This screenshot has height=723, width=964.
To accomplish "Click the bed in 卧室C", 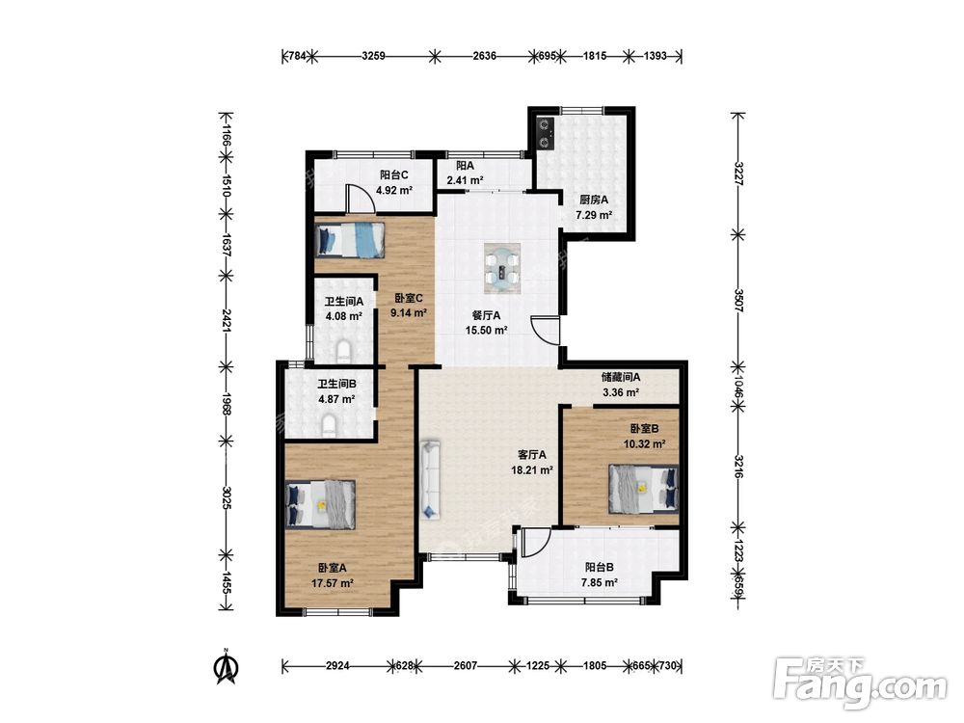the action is coord(351,240).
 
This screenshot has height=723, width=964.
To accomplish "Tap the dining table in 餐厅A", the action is coord(503,266).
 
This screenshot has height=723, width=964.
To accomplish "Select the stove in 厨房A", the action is coord(546,133).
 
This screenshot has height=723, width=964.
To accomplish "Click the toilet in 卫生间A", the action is coord(344,351).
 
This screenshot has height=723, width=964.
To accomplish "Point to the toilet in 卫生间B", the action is coord(330,425).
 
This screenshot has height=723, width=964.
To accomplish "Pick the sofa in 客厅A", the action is coord(430,479).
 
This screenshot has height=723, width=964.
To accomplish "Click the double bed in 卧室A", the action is coord(321,503).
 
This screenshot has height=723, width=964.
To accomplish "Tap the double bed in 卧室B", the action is coord(644,489).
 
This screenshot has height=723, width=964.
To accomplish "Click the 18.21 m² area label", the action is coord(532,471).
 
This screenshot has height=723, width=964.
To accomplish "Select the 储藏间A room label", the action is coord(621,378).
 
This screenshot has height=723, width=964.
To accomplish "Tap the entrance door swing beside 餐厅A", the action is coord(547,330).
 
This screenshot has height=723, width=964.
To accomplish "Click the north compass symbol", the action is coord(227,666).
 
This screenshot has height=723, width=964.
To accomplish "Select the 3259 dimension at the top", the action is coord(373,56).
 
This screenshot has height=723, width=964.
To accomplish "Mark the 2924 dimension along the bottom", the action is coord(338,666).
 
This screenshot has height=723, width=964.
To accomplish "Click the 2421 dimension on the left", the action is coord(226,321).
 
